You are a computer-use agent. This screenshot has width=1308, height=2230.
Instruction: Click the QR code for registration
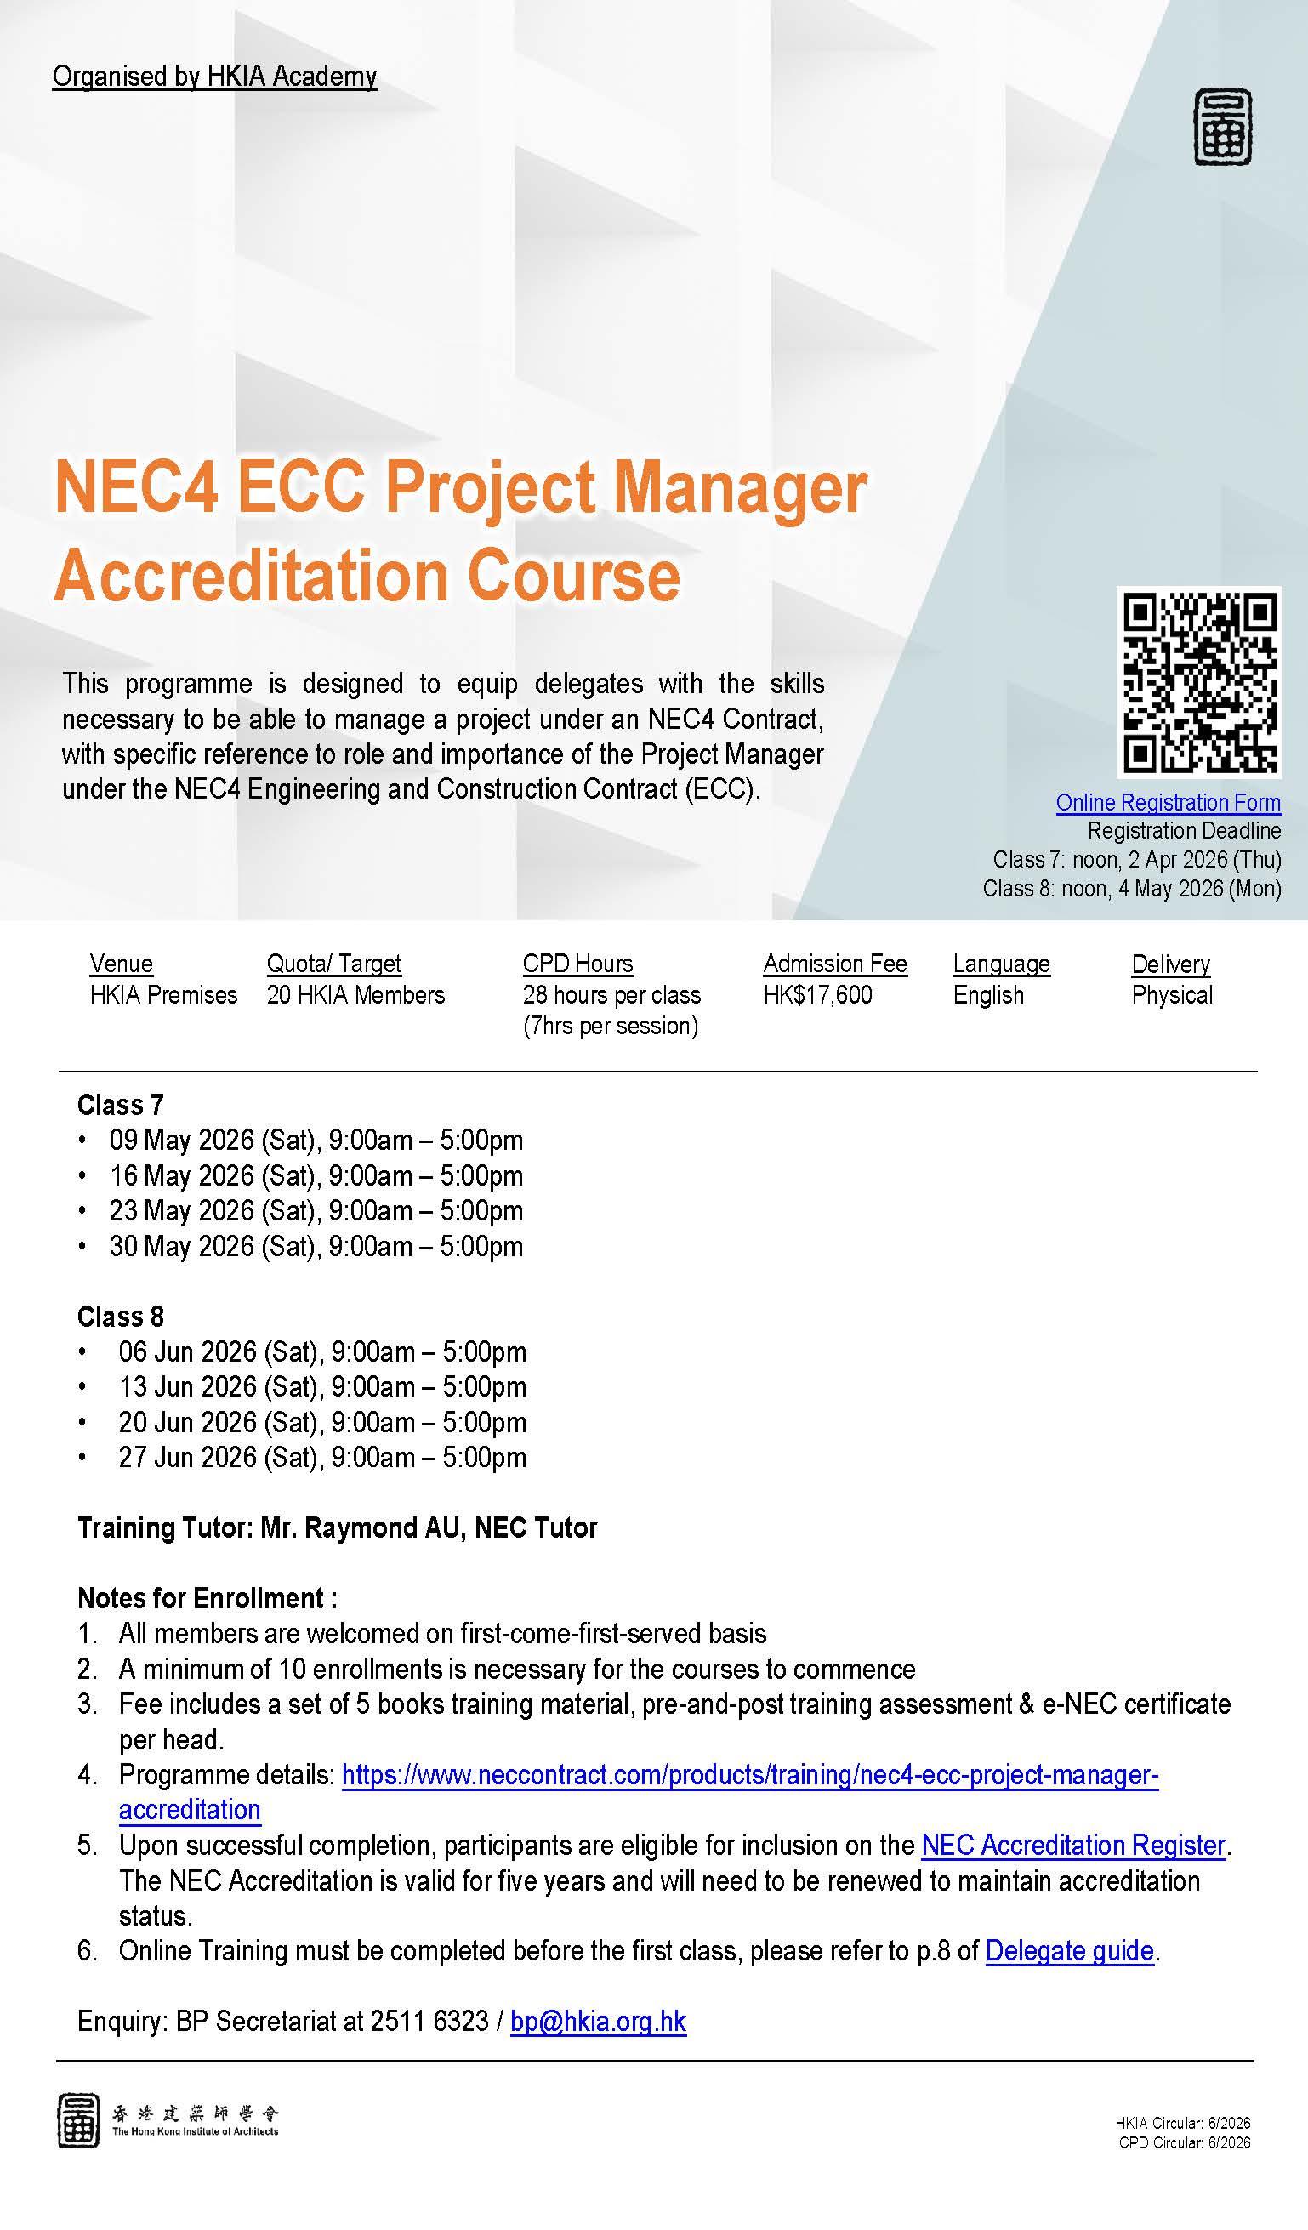tap(1199, 682)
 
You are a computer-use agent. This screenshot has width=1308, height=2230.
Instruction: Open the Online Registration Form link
tap(1169, 803)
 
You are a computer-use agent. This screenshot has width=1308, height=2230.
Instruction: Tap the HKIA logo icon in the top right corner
tap(1222, 127)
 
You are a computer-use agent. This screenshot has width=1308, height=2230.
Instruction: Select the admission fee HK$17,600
tap(818, 994)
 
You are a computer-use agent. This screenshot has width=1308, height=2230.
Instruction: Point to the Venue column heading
tap(122, 964)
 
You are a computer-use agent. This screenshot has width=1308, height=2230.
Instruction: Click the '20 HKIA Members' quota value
tap(355, 994)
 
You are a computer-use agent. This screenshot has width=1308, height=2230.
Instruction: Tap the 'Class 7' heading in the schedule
tap(121, 1106)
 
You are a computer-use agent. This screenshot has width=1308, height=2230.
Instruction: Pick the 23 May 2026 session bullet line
tap(316, 1210)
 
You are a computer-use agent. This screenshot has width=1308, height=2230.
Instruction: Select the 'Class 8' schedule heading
tap(121, 1317)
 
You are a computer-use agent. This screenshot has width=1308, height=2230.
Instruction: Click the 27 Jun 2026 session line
tap(322, 1458)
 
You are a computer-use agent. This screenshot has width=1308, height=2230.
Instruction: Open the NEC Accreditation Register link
tap(1073, 1845)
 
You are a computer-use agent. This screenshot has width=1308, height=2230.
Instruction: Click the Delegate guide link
tap(1069, 1950)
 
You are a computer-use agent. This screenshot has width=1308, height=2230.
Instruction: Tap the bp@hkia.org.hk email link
tap(598, 2021)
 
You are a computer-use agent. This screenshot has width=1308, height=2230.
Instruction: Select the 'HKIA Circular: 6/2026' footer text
tap(1182, 2123)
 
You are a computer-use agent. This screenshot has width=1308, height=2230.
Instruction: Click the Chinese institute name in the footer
tap(195, 2113)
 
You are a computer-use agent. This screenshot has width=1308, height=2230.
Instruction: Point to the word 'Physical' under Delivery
tap(1172, 994)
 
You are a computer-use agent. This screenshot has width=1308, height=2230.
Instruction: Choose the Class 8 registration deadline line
tap(1132, 889)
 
